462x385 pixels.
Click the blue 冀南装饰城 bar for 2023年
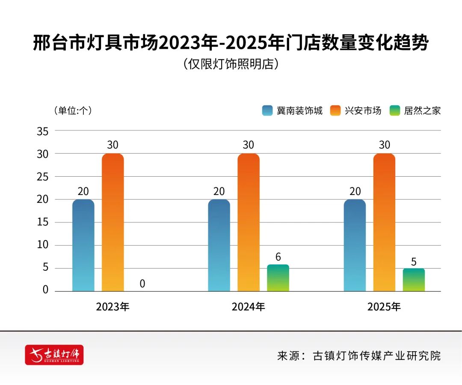(83, 245)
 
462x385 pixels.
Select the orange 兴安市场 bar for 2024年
(248, 222)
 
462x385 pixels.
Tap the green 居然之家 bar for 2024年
(278, 278)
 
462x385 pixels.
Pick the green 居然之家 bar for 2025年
(414, 280)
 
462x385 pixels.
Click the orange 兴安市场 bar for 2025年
(384, 222)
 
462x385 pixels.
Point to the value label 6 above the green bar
(278, 257)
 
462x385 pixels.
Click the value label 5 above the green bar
(414, 261)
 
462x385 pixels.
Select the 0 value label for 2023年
(142, 284)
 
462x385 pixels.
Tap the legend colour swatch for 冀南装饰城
(268, 110)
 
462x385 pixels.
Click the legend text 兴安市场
(363, 110)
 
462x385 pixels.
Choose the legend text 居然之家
(422, 110)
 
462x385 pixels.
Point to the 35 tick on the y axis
(42, 131)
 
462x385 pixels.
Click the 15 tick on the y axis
(42, 222)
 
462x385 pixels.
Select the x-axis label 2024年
(248, 307)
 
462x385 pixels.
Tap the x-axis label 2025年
(384, 307)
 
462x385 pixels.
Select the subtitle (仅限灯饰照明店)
(231, 64)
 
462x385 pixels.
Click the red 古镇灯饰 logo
(54, 355)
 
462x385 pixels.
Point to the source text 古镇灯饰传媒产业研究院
(376, 355)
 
